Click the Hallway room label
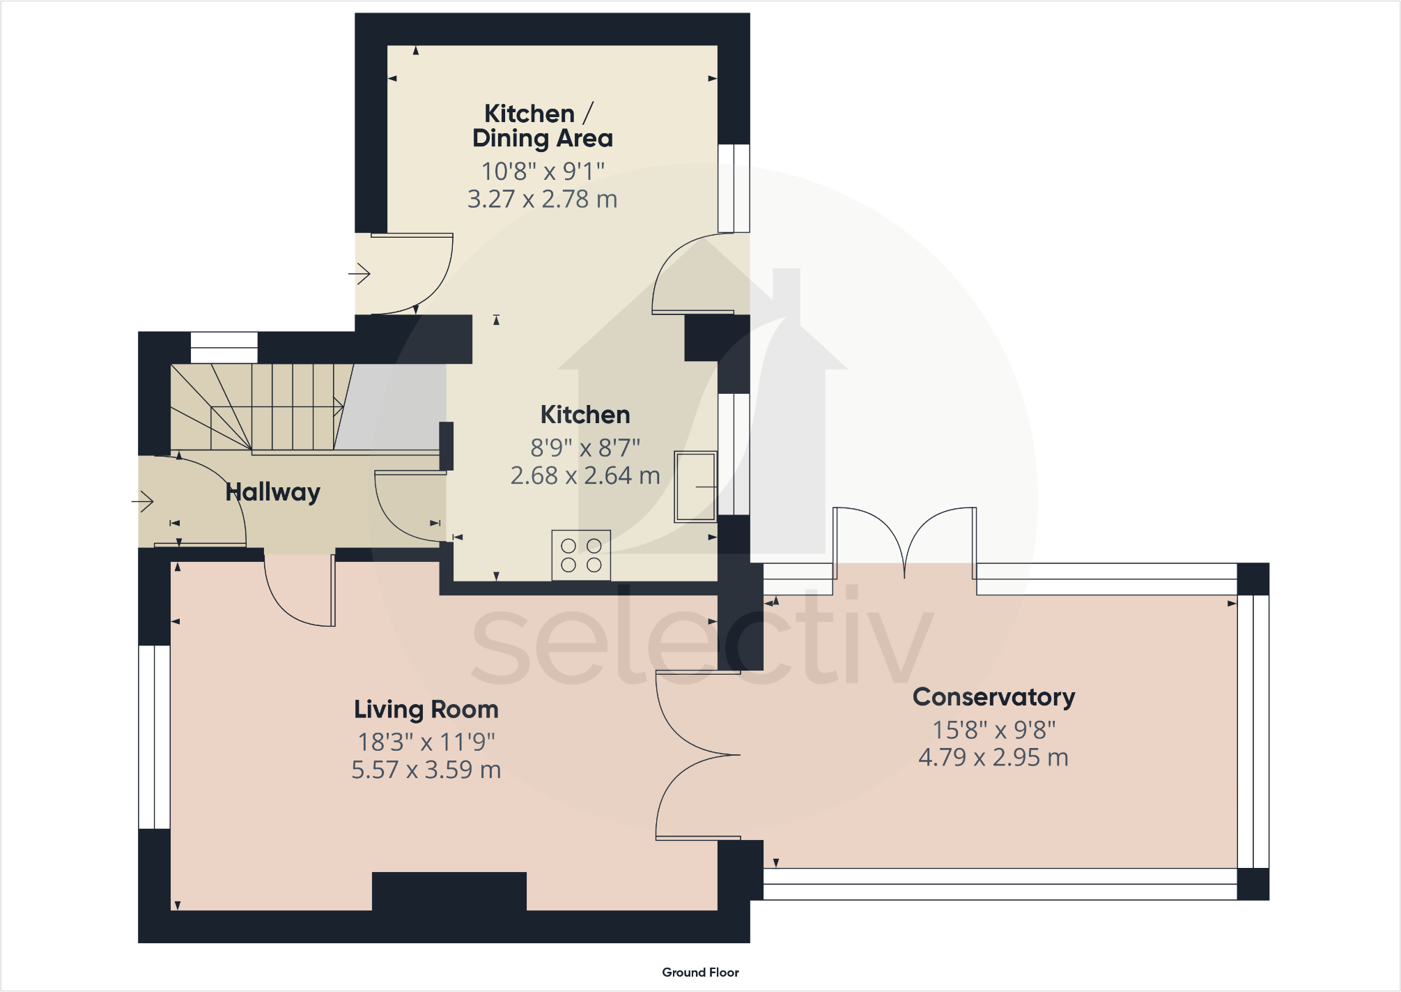coord(272,492)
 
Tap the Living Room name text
coord(426,710)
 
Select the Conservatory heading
coord(993,697)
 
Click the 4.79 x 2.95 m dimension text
coord(993,757)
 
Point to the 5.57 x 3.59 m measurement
coord(426,770)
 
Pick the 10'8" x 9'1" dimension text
coord(543,171)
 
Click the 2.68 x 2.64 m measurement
coord(585,475)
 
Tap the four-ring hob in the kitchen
coord(581,556)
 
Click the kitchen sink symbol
coord(695,487)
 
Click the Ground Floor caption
coord(700,972)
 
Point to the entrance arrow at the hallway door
coord(143,501)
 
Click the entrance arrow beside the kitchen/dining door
coord(359,274)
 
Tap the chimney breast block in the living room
coord(449,891)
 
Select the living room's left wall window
coord(154,737)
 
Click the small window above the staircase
coord(224,347)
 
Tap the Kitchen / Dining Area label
coord(542,126)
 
